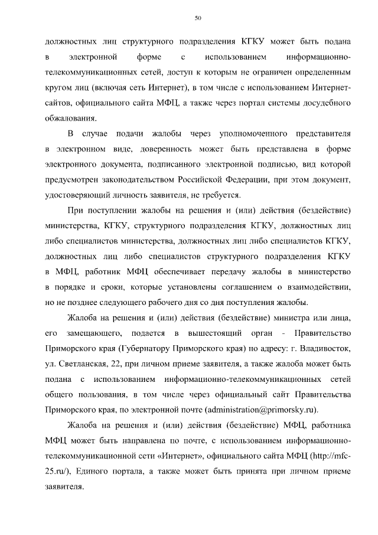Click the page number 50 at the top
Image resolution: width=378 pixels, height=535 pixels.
198,19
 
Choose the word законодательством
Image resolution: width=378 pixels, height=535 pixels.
138,179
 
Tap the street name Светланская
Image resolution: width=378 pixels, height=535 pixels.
84,363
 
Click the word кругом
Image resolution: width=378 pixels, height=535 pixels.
58,87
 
